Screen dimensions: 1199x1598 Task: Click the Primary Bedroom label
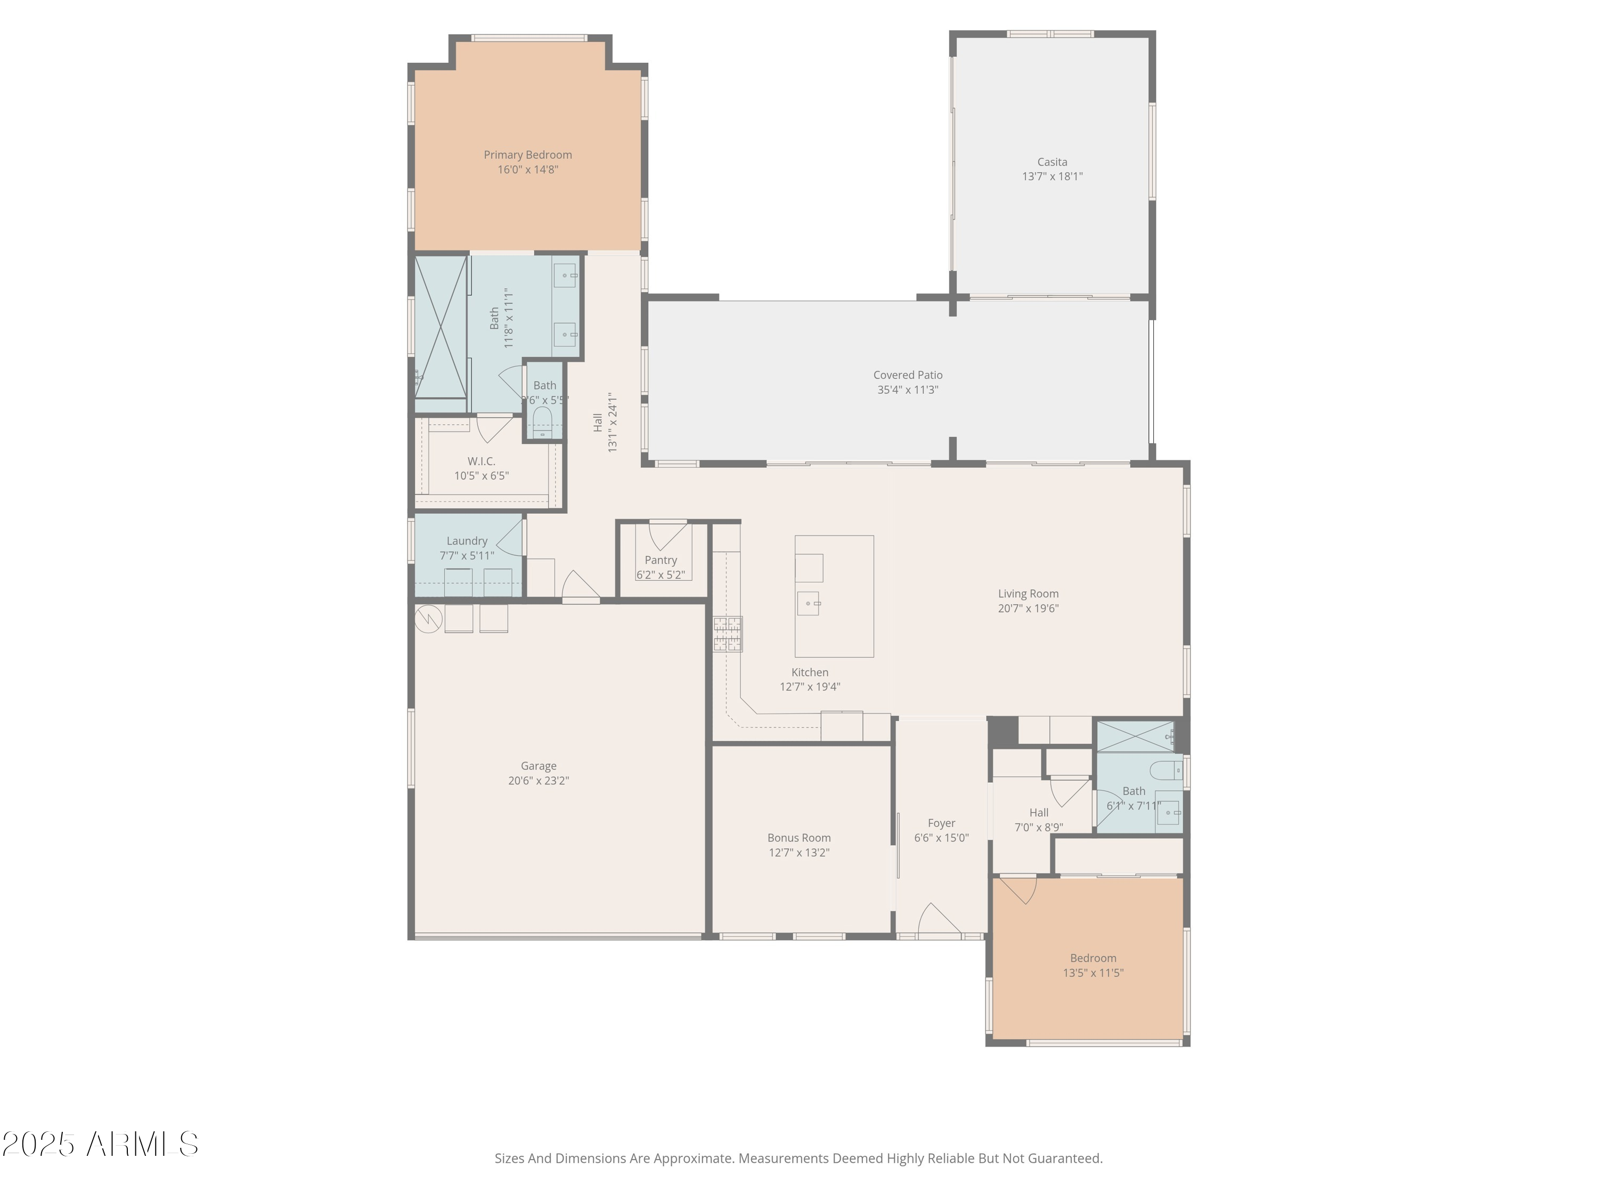[x=527, y=155]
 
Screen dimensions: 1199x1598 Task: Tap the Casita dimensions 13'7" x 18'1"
[x=1052, y=176]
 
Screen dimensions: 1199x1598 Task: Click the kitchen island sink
[x=809, y=603]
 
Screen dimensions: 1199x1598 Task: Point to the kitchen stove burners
[x=728, y=634]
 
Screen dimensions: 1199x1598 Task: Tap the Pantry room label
[x=661, y=560]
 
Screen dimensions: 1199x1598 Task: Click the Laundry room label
[x=467, y=540]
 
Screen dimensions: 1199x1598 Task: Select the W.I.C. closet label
[x=481, y=461]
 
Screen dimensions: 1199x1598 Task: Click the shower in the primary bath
[x=440, y=327]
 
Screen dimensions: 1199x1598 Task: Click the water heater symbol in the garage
[x=428, y=618]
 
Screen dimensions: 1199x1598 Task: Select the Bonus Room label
[x=798, y=838]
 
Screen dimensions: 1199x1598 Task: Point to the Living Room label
[x=1028, y=593]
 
